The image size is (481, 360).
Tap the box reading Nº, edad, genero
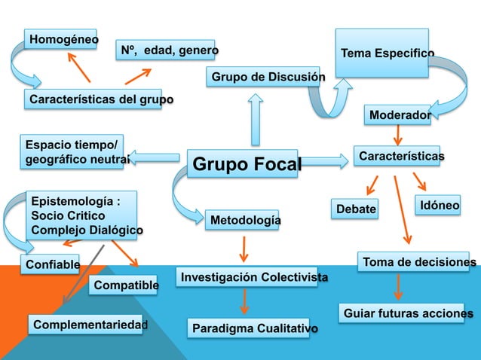165,50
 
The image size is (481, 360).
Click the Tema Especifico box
382,53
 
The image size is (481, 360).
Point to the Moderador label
398,114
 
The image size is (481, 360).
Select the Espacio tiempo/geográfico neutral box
76,151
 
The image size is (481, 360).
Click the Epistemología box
83,215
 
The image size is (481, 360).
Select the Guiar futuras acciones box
408,313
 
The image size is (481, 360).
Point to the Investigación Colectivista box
252,278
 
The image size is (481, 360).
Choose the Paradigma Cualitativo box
253,329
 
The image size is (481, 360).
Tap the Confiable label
52,264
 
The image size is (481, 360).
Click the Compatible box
124,285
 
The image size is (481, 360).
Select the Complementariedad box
88,325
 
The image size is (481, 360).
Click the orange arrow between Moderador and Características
398,133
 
